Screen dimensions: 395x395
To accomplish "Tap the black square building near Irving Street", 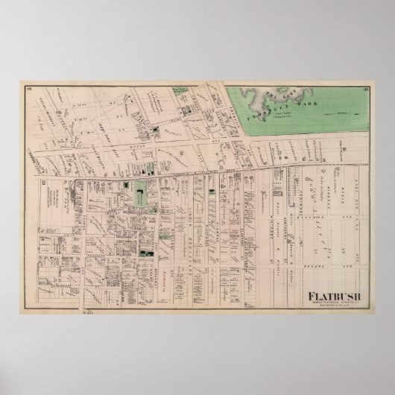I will tap(156, 132).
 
